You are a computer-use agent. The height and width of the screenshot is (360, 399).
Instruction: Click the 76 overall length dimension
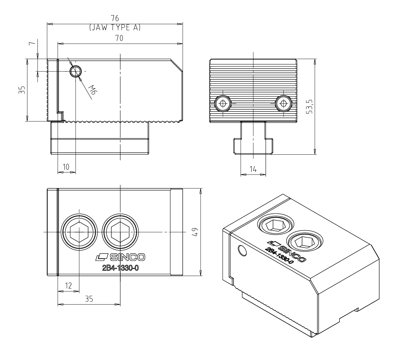[115, 18]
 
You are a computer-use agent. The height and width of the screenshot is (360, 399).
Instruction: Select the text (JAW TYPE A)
[115, 27]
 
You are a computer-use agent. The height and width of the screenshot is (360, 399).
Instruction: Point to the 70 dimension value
[119, 38]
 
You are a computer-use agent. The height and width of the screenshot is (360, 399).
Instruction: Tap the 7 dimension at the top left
[32, 43]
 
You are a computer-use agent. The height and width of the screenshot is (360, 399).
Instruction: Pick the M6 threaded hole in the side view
[76, 71]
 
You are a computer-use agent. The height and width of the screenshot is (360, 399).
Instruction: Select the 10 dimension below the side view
[66, 167]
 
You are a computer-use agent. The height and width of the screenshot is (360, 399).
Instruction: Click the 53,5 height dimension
[309, 107]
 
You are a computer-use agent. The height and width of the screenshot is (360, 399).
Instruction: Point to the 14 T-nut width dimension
[253, 169]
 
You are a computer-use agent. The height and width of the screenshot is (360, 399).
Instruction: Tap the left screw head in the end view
[223, 104]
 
